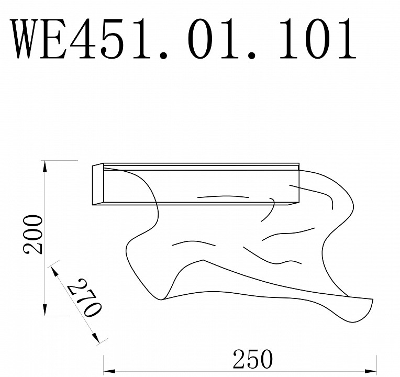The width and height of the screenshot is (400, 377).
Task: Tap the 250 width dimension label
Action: coord(252,360)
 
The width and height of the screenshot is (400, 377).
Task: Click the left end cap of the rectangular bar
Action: coord(97,185)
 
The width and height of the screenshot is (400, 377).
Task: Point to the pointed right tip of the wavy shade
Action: coord(372,300)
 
